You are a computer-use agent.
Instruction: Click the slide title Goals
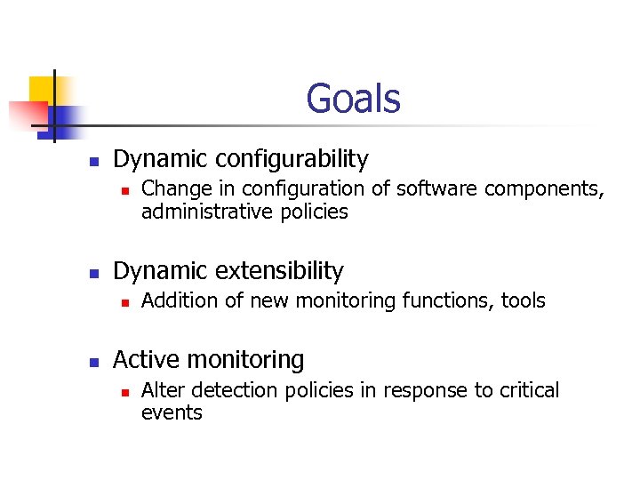(x=353, y=99)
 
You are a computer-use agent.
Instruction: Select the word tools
(x=524, y=300)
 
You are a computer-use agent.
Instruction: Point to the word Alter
(x=162, y=390)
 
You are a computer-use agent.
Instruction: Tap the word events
(x=172, y=412)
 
